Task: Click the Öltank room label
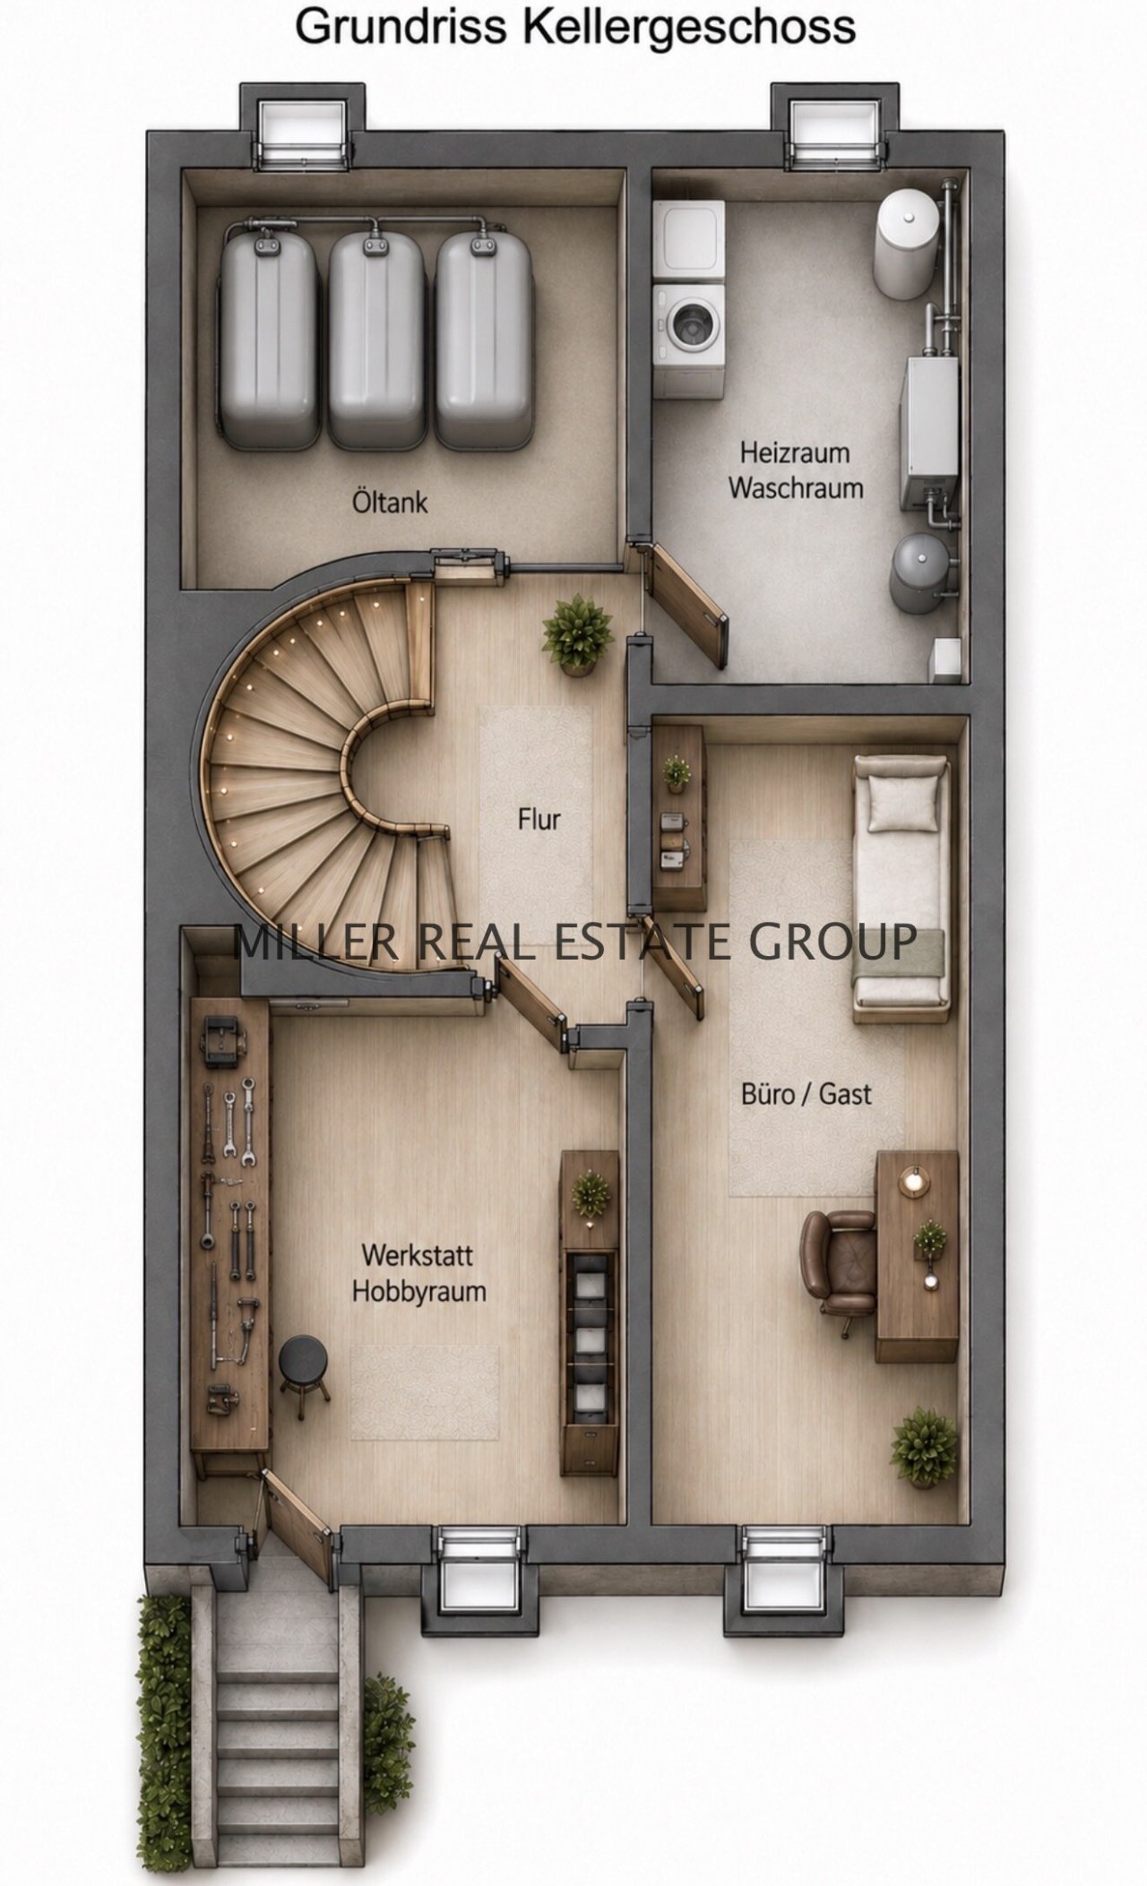click(389, 502)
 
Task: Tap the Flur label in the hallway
click(539, 818)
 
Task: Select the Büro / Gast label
click(806, 1094)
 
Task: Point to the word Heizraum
click(795, 452)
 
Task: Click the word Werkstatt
click(418, 1254)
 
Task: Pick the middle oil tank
click(376, 340)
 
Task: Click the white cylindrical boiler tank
click(909, 242)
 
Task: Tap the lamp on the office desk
click(914, 1179)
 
